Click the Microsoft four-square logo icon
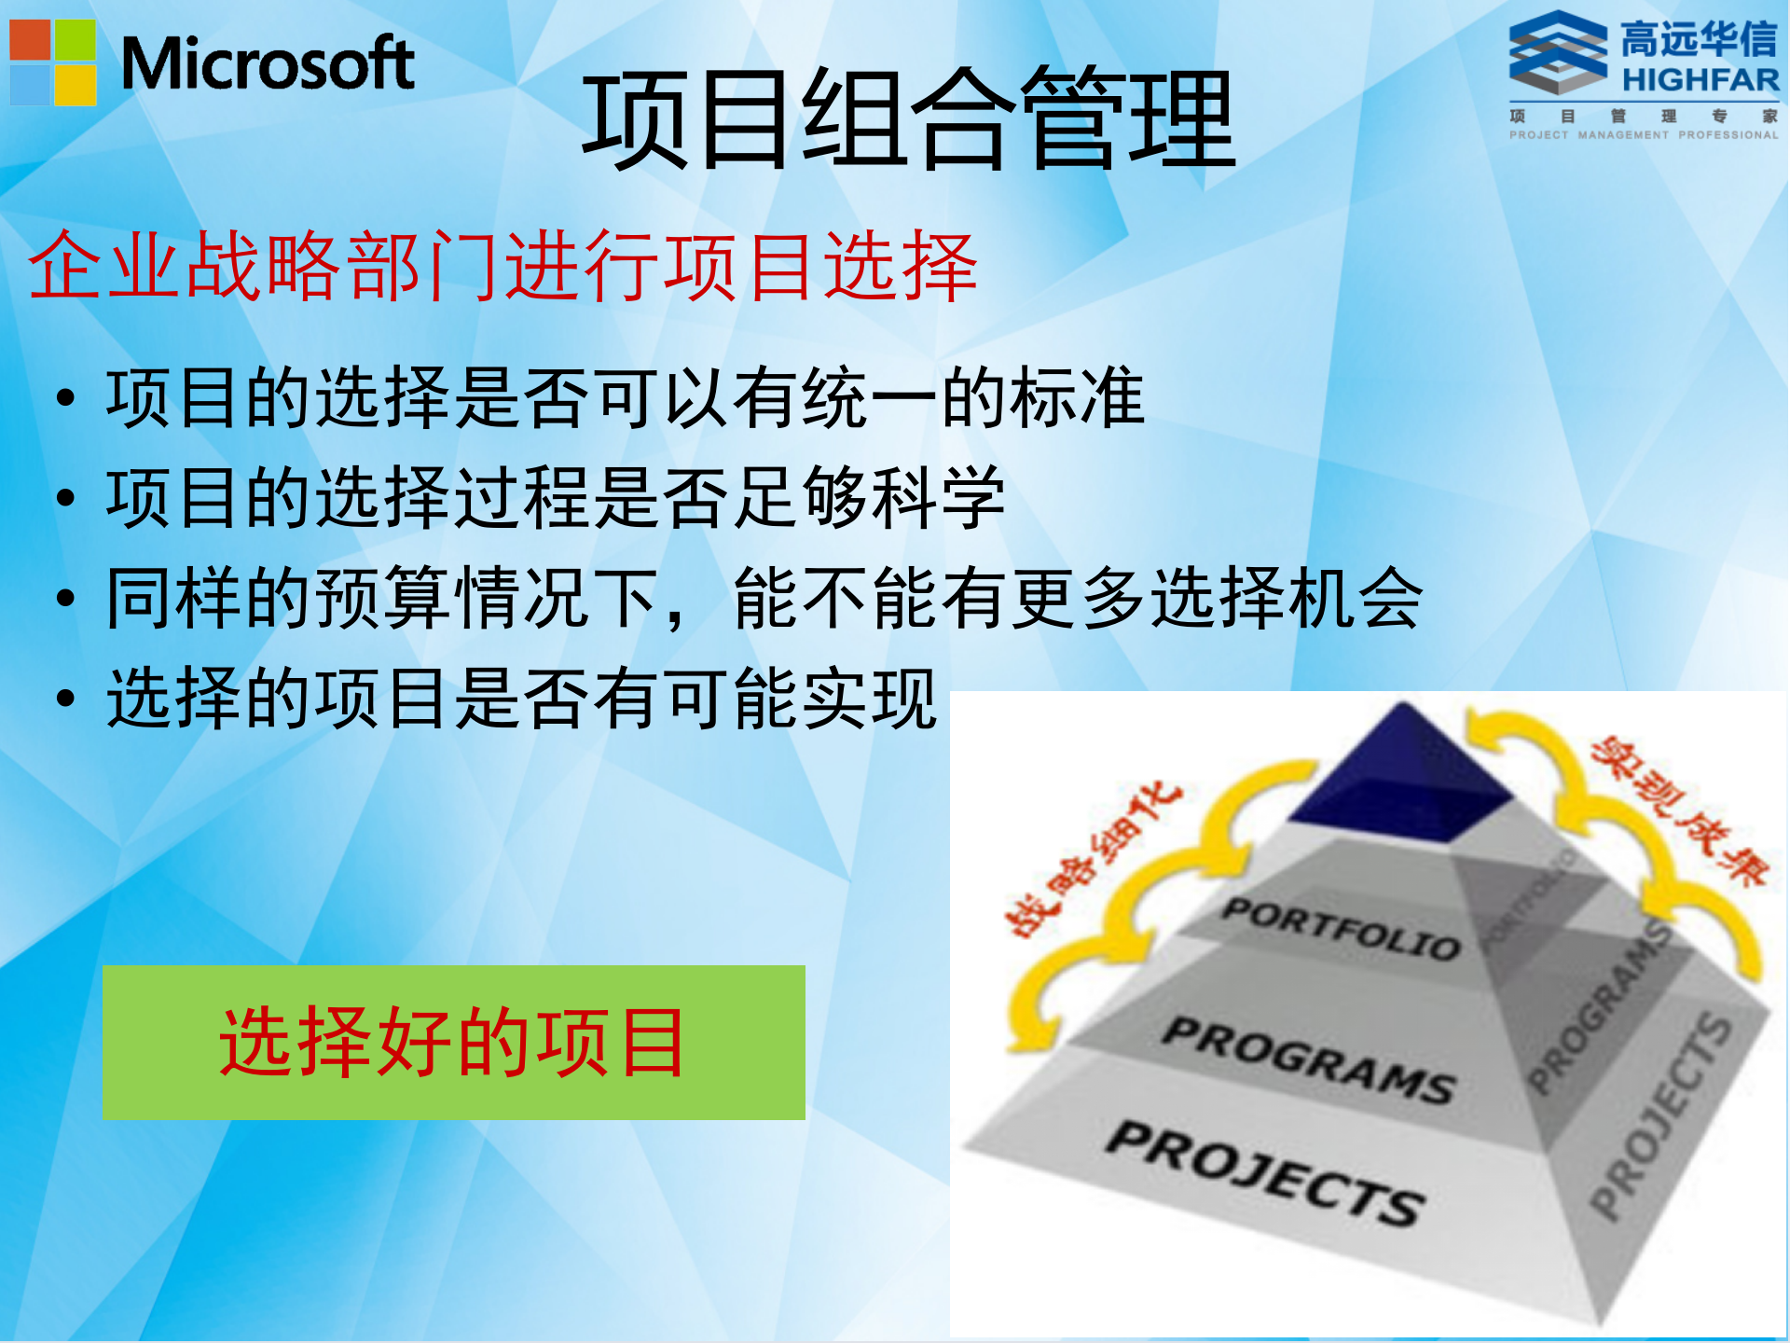click(x=53, y=62)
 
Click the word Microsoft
click(x=268, y=64)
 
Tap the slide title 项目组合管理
click(x=909, y=119)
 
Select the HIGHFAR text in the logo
click(x=1700, y=80)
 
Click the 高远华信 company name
click(x=1699, y=40)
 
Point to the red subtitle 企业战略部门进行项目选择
click(x=503, y=267)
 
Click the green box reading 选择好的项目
click(x=453, y=1042)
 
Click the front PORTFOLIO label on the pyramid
click(x=1342, y=928)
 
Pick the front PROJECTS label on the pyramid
click(x=1265, y=1172)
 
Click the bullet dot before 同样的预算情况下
click(x=65, y=598)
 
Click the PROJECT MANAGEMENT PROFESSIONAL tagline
click(x=1644, y=135)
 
